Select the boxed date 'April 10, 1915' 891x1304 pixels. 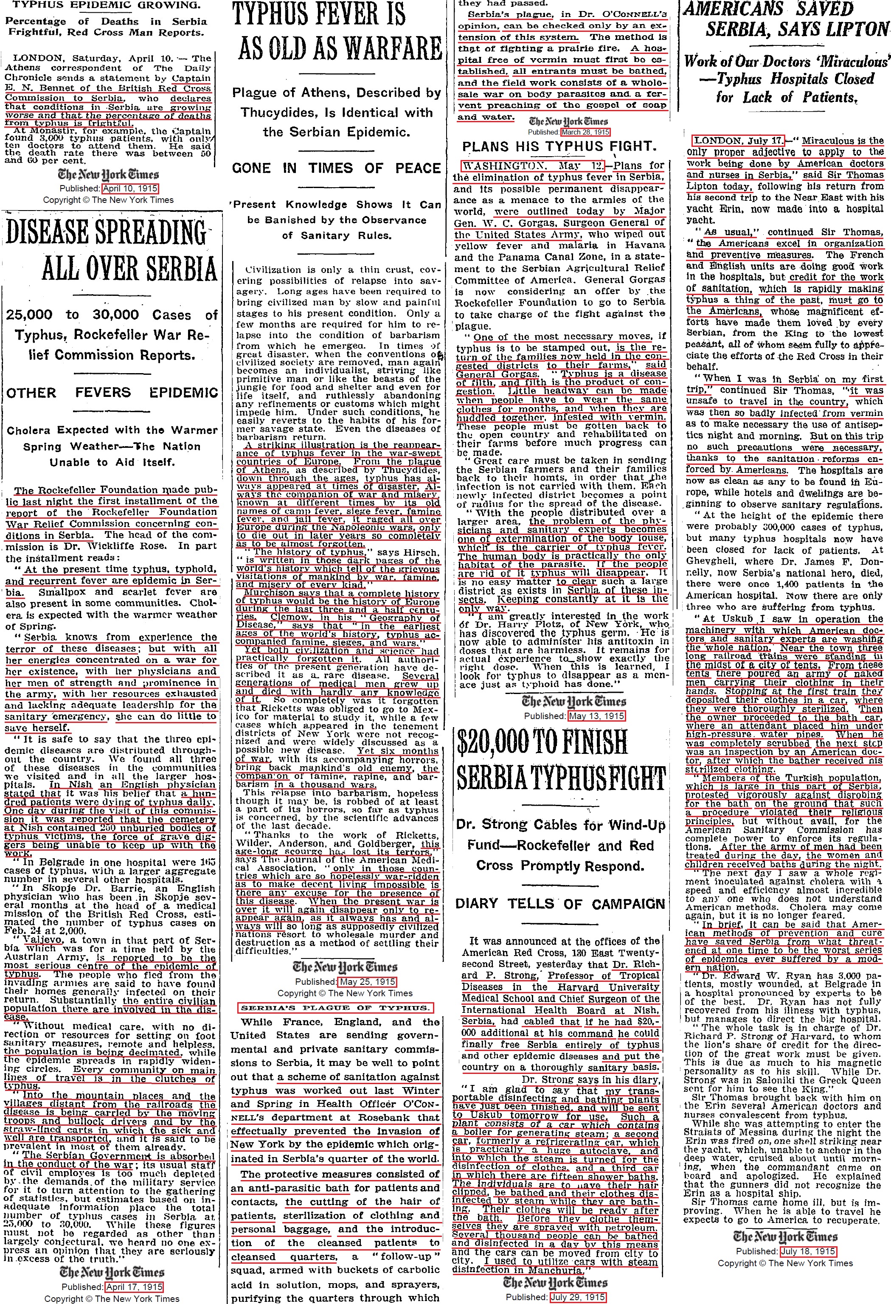[130, 188]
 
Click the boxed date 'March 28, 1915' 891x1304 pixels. [585, 132]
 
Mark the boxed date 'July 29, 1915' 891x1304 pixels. [578, 1297]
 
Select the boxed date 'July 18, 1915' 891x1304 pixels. [808, 1251]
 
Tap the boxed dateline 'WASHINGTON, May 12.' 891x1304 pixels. [532, 166]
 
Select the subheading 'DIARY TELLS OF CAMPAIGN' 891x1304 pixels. [560, 903]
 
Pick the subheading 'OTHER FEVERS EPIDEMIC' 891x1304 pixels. [112, 392]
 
